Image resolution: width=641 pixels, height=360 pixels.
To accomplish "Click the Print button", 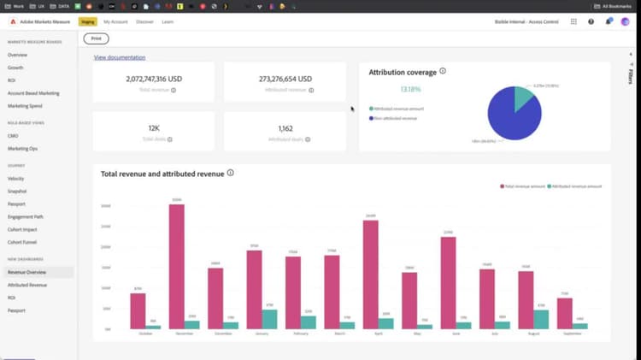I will (96, 38).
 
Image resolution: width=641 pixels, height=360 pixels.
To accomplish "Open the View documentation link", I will (119, 57).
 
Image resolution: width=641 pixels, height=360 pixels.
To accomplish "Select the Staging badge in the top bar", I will (87, 21).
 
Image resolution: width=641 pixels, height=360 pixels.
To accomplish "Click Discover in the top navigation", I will (144, 21).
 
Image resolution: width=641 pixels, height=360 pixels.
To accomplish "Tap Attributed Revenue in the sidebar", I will (26, 284).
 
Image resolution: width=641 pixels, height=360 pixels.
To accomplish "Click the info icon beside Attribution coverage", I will (443, 72).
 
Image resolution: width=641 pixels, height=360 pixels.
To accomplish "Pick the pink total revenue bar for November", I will (177, 266).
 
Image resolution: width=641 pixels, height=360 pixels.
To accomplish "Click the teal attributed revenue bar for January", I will (269, 319).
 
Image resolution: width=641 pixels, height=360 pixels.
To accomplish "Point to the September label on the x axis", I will (572, 334).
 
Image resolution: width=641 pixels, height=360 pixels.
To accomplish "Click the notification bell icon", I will (609, 21).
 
